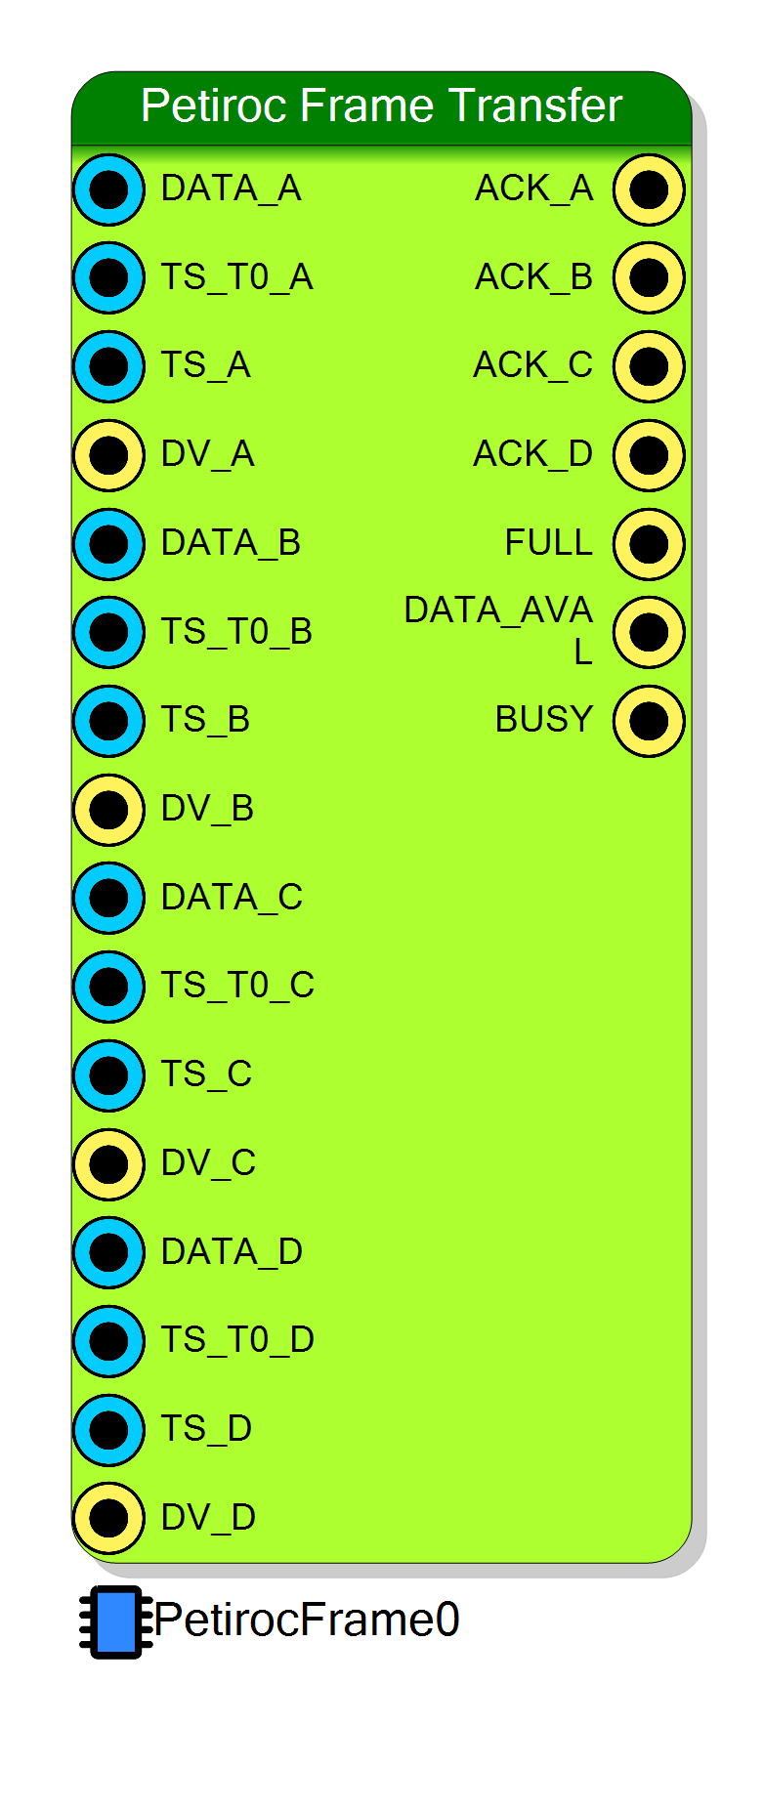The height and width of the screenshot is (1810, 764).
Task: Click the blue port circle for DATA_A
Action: click(x=108, y=189)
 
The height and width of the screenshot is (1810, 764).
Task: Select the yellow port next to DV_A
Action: click(x=108, y=455)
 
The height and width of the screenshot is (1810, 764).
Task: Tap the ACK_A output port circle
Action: click(x=649, y=189)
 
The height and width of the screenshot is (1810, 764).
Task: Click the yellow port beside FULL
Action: click(x=649, y=544)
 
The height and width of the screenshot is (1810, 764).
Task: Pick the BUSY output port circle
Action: click(x=649, y=721)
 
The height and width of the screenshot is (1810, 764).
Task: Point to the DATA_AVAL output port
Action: click(x=649, y=632)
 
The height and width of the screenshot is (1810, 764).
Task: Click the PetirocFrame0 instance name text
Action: click(x=307, y=1620)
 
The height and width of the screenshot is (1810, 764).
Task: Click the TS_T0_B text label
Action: click(x=236, y=632)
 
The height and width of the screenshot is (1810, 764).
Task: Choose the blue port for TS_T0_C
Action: click(x=108, y=987)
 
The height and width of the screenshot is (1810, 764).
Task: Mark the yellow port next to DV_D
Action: click(x=108, y=1518)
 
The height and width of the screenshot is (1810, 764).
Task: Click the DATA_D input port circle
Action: click(x=108, y=1252)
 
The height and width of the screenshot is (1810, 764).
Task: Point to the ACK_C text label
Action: click(x=533, y=365)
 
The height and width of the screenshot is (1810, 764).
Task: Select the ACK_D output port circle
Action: click(x=649, y=455)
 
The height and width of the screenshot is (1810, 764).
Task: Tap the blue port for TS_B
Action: click(x=108, y=721)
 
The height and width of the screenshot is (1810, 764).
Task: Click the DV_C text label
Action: click(x=208, y=1163)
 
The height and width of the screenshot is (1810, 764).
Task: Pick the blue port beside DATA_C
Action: click(x=108, y=898)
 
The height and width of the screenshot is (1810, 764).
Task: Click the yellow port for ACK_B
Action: click(x=649, y=277)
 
